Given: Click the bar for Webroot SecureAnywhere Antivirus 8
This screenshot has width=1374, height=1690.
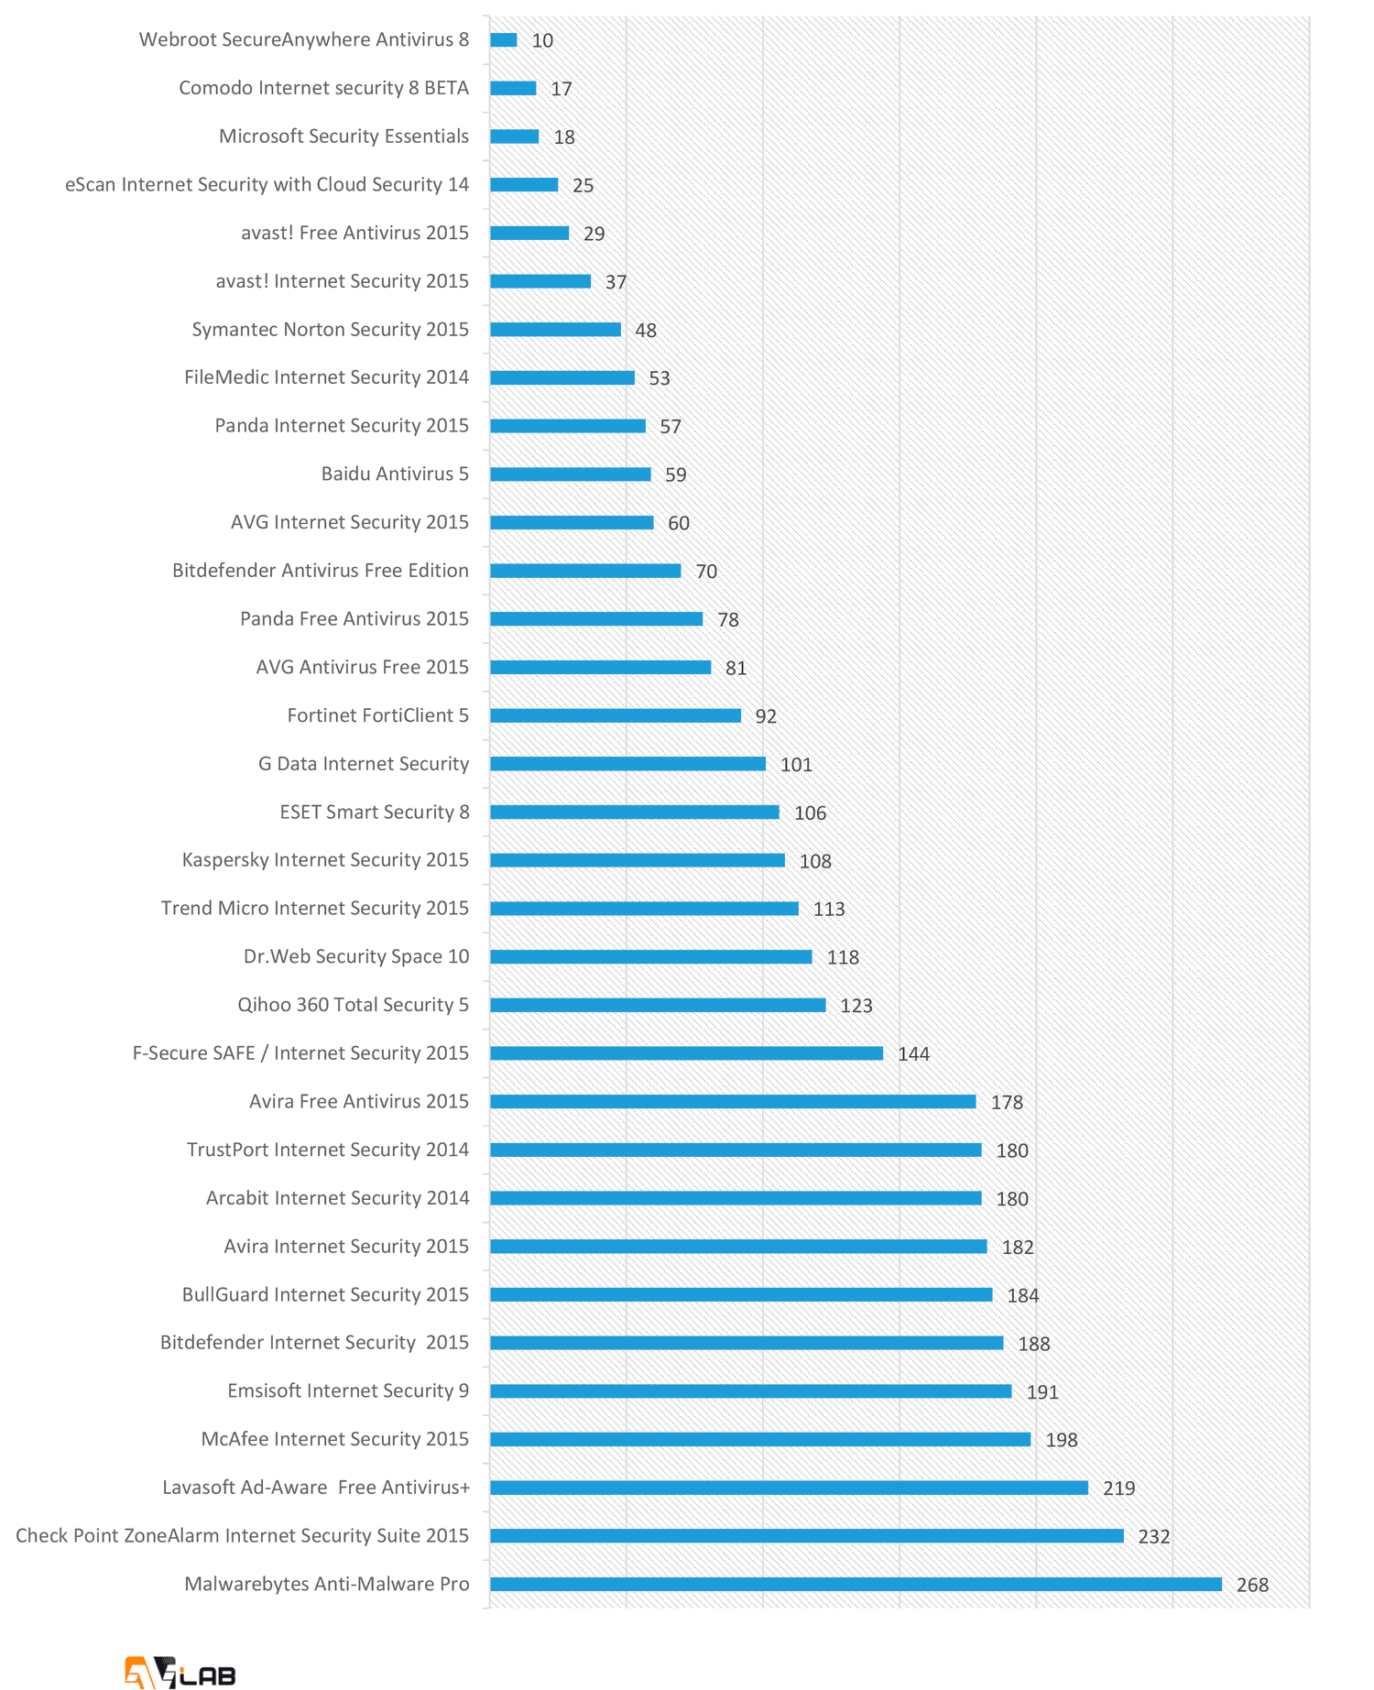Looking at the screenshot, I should click(x=504, y=40).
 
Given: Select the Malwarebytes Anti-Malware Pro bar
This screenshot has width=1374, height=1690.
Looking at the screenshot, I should click(x=856, y=1584).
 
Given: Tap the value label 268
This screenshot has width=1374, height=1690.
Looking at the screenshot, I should click(x=1252, y=1585).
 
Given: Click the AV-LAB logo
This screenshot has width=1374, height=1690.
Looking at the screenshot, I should click(x=180, y=1672).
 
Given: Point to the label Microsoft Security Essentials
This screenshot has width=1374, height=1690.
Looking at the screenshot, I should click(x=343, y=136).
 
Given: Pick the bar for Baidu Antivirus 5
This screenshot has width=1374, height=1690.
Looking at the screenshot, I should click(x=571, y=474).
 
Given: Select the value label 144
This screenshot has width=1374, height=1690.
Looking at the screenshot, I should click(x=913, y=1054).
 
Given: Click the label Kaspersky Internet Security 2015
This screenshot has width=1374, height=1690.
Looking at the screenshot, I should click(x=325, y=860).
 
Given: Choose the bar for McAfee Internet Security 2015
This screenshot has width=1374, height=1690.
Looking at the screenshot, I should click(x=760, y=1439).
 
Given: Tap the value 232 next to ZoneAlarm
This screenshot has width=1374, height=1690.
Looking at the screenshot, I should click(x=1153, y=1536).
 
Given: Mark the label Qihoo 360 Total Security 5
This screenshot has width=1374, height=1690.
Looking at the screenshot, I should click(x=353, y=1005).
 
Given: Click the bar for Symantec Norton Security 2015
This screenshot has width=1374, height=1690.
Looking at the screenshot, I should click(x=555, y=330).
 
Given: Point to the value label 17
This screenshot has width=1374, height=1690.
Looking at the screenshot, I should click(x=561, y=89).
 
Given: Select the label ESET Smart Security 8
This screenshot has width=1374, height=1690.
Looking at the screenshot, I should click(x=375, y=812).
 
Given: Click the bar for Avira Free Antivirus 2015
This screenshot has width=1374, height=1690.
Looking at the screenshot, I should click(x=733, y=1102).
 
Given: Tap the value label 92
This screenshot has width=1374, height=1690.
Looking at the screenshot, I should click(x=766, y=716).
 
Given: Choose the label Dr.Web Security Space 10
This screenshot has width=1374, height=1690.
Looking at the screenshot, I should click(x=356, y=956).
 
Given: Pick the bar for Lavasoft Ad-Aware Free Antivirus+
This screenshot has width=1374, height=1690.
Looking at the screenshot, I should click(x=789, y=1488).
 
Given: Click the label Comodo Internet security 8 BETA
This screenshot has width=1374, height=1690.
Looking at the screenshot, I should click(x=323, y=88).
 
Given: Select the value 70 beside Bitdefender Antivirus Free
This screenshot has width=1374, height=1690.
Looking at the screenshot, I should click(x=706, y=572).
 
